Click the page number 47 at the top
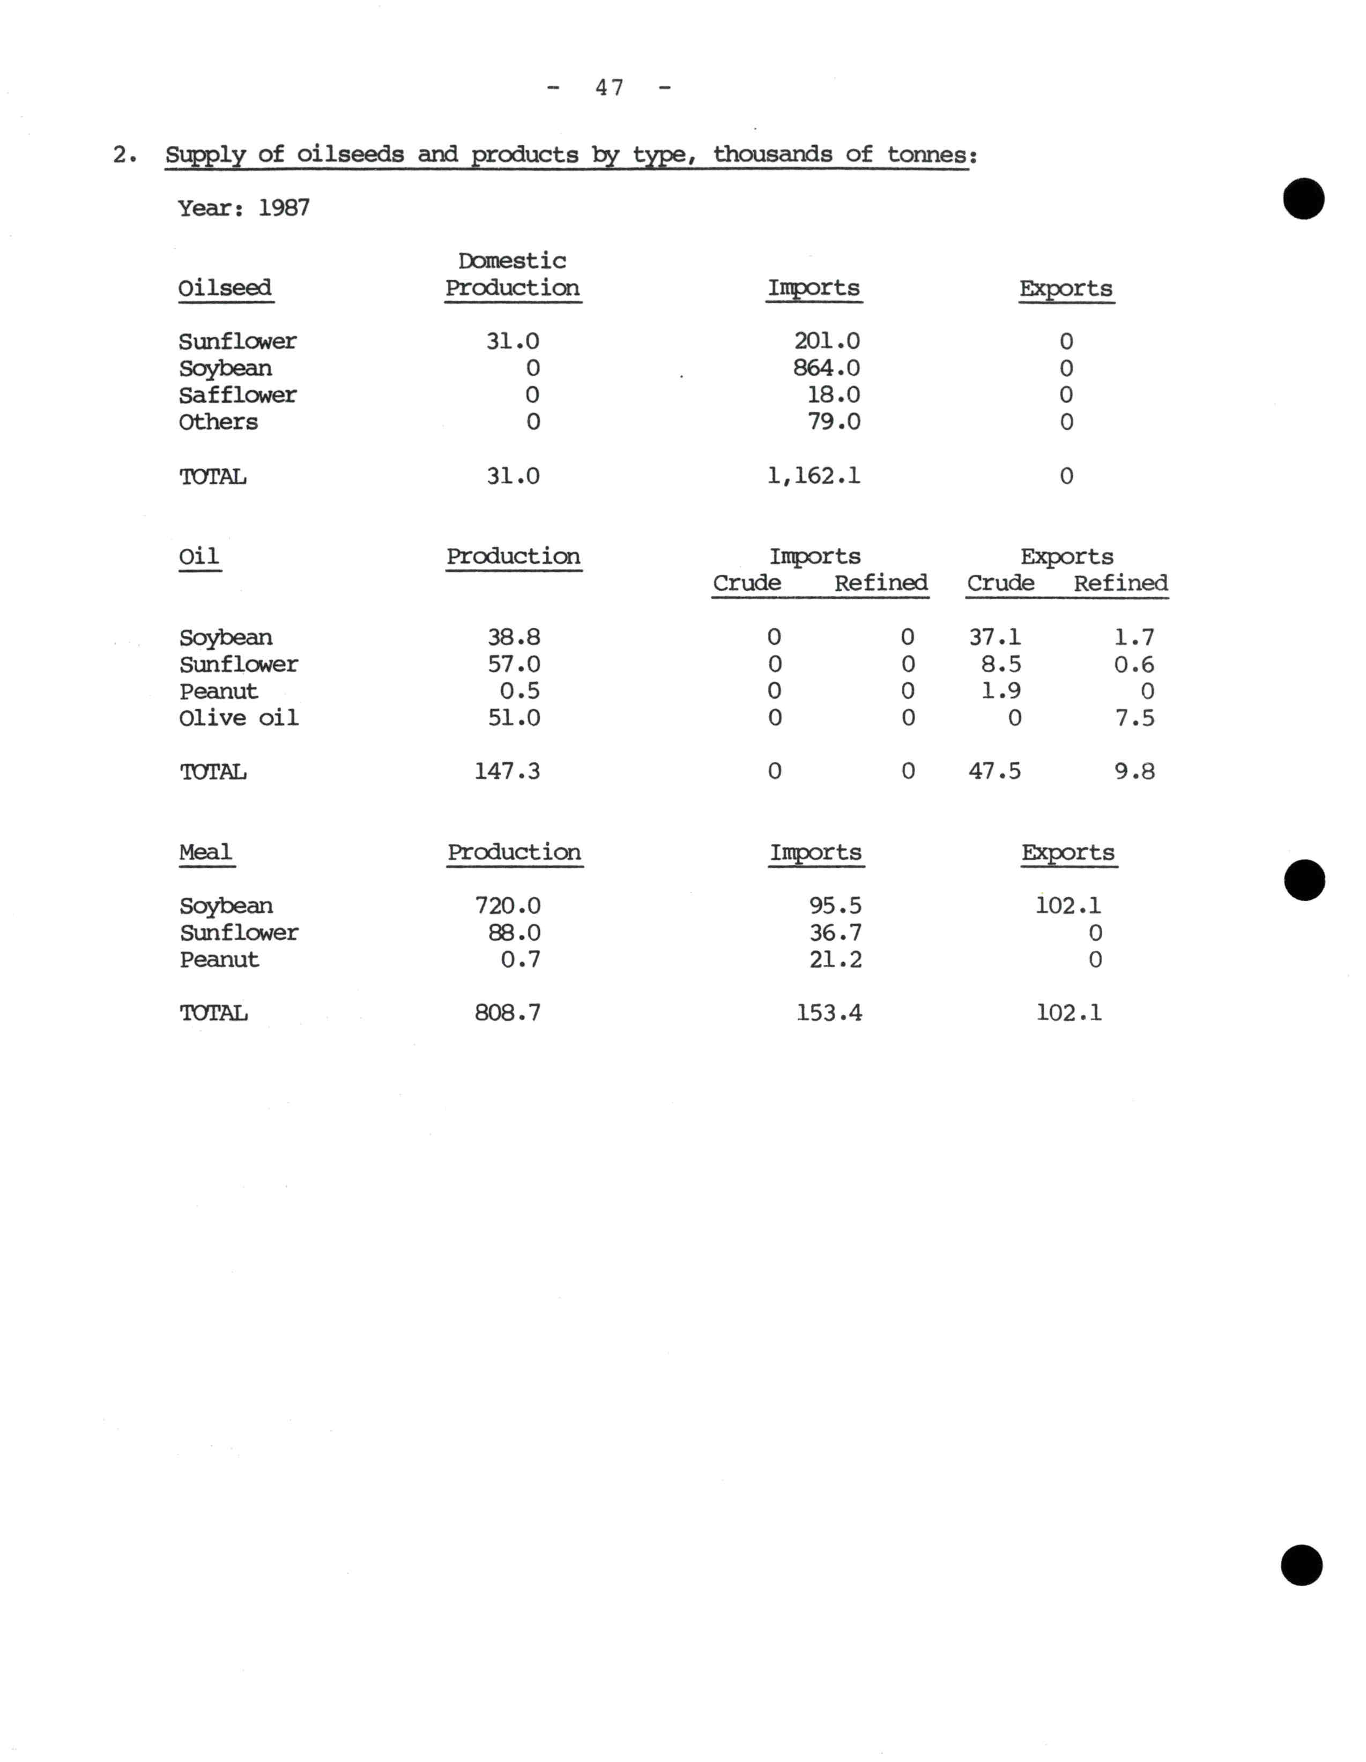point(609,87)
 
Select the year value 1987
point(284,208)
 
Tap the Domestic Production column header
point(513,274)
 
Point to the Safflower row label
point(237,395)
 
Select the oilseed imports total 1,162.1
point(813,476)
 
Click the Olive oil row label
point(239,718)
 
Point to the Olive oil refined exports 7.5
point(1134,718)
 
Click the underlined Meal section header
point(206,853)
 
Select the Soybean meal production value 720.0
point(508,906)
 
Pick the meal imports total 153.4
point(829,1013)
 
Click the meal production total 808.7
point(508,1013)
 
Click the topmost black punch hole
point(1303,198)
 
